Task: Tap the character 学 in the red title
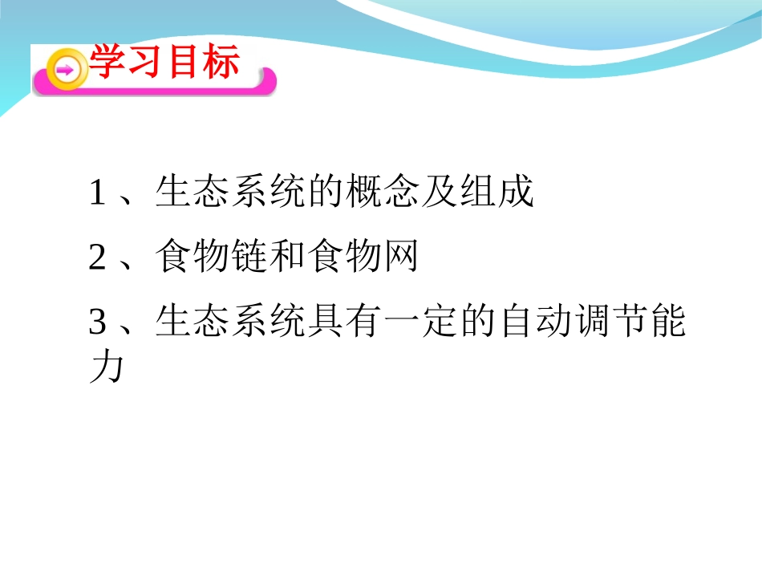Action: pos(107,62)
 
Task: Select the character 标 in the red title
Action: pos(221,62)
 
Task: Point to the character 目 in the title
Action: pos(183,62)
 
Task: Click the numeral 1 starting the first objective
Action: pos(97,193)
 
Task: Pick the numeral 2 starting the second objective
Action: pos(97,258)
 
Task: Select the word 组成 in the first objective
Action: pos(497,193)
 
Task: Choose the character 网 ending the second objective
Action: pos(402,258)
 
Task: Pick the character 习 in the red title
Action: pos(145,62)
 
